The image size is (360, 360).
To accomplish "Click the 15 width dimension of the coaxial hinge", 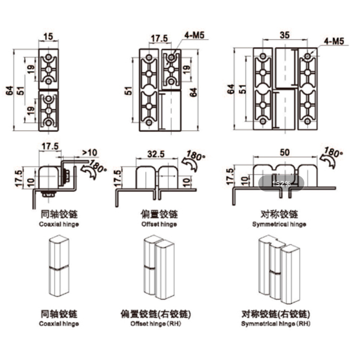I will tap(48, 36).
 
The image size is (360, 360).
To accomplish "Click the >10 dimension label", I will tap(90, 153).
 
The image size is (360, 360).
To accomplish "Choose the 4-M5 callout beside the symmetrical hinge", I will tap(334, 42).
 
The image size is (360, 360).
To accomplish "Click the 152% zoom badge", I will tap(281, 183).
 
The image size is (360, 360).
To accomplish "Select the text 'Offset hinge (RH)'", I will tap(156, 324).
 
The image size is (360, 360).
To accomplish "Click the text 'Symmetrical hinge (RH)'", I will tap(276, 324).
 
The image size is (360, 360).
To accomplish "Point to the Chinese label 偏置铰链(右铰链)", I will tap(156, 314).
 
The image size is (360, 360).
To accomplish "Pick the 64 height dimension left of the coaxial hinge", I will tap(10, 90).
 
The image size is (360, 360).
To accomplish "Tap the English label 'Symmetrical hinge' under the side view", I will tap(279, 224).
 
